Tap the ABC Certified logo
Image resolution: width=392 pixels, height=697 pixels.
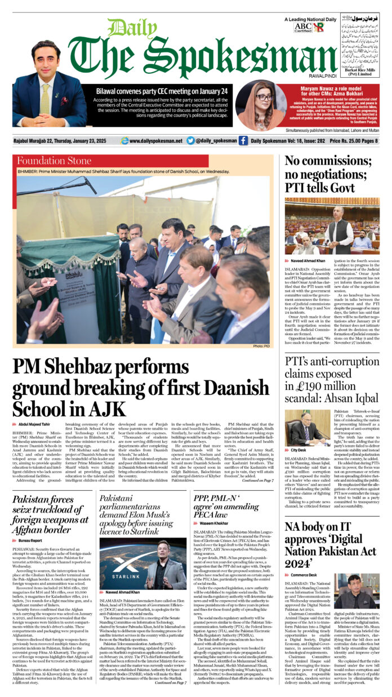[x=302, y=27]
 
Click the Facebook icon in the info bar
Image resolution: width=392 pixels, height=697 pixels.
[x=243, y=140]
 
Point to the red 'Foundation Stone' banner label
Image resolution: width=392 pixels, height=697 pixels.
[x=55, y=161]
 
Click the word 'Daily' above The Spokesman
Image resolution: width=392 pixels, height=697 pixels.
[x=124, y=28]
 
